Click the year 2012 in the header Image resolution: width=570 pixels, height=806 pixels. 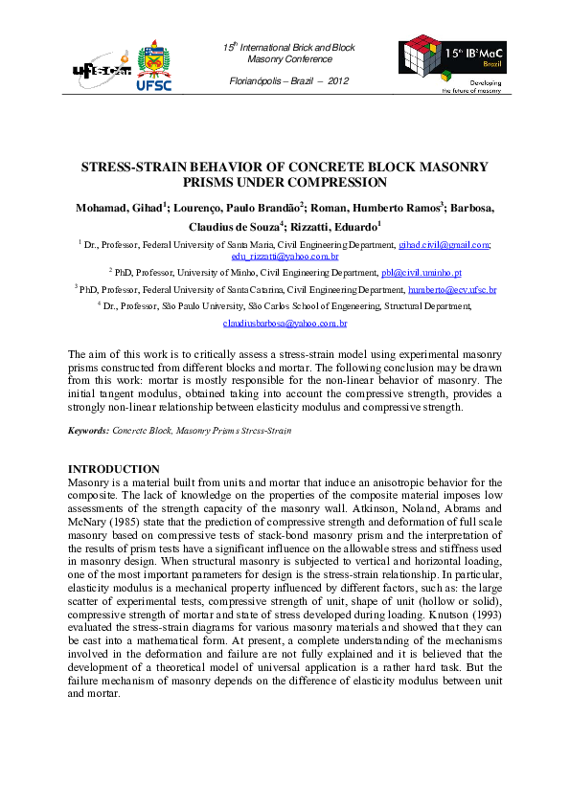point(338,79)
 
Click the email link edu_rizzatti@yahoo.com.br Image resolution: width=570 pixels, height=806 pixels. point(285,257)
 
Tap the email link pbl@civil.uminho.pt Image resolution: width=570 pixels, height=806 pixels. point(423,272)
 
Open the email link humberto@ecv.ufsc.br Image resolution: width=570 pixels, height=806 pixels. point(452,289)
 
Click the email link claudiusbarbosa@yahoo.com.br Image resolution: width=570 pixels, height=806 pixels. point(285,324)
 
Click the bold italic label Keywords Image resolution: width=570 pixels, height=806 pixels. point(87,432)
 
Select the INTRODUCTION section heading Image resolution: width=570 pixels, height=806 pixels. point(113,468)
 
